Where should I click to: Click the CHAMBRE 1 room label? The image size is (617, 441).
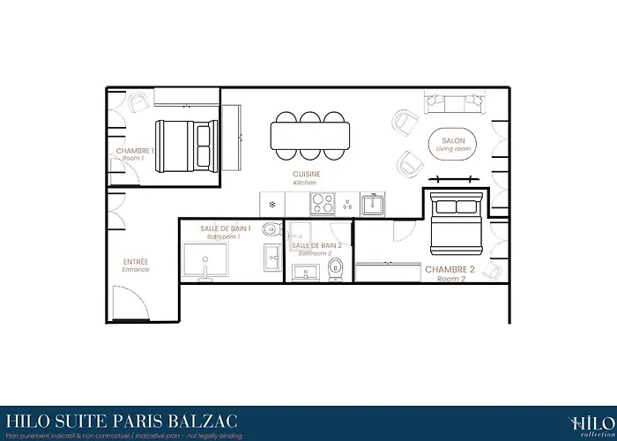pos(135,151)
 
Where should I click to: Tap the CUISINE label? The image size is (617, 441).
pos(307,175)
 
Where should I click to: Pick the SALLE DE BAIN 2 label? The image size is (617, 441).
pos(315,245)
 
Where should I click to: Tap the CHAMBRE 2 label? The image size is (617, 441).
pos(450,269)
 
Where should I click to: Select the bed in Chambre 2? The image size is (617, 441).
pos(457,223)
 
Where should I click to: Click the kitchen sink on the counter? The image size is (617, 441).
pos(371,205)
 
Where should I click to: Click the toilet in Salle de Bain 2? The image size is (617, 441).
pos(335,269)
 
